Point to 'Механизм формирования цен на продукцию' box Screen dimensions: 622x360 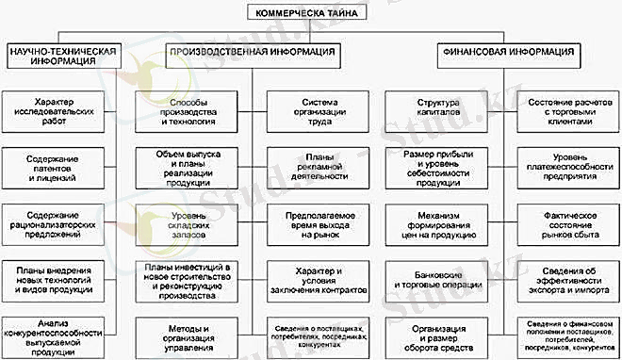coord(437,222)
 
